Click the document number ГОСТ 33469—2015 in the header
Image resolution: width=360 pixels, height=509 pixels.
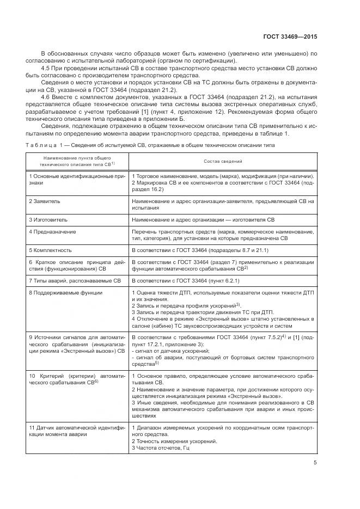tap(290, 36)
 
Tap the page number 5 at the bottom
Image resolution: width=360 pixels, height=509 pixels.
tap(315, 463)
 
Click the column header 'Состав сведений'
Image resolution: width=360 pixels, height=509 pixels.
tap(223, 162)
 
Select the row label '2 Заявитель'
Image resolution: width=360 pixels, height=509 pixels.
tap(45, 201)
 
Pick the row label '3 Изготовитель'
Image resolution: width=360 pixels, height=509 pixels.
tap(48, 219)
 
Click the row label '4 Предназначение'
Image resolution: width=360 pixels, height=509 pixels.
tap(52, 232)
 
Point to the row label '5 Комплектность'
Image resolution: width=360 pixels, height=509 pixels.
tap(50, 250)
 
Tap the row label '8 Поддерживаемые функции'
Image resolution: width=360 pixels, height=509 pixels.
tap(65, 293)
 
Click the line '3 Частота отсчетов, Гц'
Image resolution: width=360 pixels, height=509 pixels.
tap(160, 447)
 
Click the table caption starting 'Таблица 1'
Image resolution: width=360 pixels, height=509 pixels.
tap(150, 145)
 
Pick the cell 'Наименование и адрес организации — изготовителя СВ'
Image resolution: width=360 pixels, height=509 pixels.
tap(203, 219)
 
